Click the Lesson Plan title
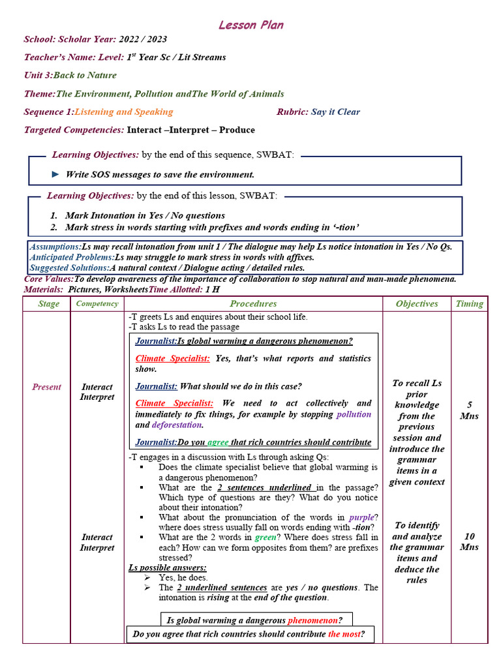click(x=250, y=25)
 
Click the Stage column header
click(x=49, y=304)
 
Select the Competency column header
click(x=97, y=304)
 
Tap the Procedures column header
click(x=253, y=304)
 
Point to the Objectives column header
click(x=417, y=304)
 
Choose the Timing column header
click(x=469, y=304)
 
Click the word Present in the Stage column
click(x=46, y=387)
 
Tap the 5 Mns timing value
click(x=469, y=410)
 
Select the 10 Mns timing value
click(x=469, y=541)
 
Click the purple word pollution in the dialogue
click(x=354, y=414)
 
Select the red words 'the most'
click(x=344, y=634)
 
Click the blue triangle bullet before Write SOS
click(x=55, y=174)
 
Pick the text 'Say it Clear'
click(x=335, y=112)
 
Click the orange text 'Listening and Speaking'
click(x=132, y=112)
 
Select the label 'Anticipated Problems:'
click(x=72, y=257)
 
